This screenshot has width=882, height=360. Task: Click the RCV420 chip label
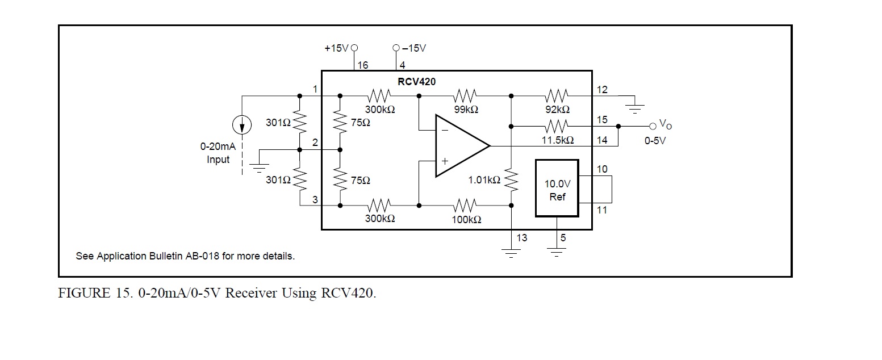[416, 81]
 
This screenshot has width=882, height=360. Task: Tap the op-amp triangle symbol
[457, 146]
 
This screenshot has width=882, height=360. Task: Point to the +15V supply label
[336, 48]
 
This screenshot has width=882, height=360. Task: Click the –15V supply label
[414, 48]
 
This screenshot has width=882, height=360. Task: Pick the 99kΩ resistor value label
[466, 110]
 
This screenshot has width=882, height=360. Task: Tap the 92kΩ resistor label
[557, 110]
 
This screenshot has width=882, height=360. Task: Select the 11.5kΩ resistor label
[557, 140]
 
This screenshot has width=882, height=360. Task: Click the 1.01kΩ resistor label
[484, 180]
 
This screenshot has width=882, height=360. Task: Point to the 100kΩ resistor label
[466, 219]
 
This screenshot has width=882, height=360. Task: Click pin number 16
[362, 65]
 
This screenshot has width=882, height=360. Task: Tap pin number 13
[521, 238]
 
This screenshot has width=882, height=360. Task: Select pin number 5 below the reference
[563, 238]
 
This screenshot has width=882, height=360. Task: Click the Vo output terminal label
[664, 124]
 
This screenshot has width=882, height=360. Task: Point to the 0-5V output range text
[654, 140]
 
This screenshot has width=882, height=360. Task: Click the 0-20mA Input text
[218, 153]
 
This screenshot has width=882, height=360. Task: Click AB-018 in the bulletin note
[202, 256]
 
